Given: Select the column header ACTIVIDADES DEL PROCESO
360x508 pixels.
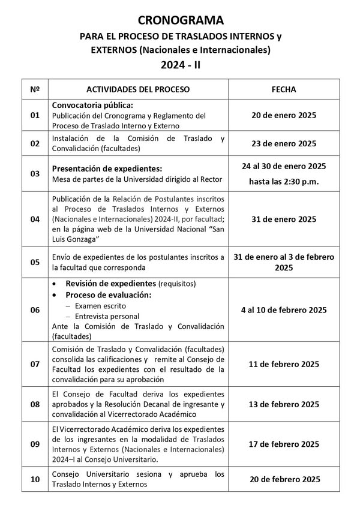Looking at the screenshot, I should click(138, 89).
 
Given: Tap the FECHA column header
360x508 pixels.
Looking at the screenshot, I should click(284, 89).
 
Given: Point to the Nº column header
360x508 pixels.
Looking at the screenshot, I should click(35, 89).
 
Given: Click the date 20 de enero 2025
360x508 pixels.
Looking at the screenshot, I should click(284, 115).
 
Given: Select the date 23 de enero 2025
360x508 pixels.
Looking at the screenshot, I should click(284, 143).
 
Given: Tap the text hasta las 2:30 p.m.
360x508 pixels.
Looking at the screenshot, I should click(284, 181).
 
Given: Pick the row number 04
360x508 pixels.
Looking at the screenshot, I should click(35, 219).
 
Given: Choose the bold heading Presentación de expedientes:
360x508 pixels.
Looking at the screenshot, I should click(107, 169).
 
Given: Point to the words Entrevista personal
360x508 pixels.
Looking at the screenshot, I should click(107, 316).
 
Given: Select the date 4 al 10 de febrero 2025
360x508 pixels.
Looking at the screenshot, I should click(284, 310).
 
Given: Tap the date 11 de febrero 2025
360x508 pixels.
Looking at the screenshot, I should click(284, 364).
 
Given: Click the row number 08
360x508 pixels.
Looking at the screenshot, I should click(35, 404).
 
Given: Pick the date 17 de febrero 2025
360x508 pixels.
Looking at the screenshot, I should click(284, 444).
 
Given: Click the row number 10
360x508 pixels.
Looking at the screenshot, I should click(35, 479).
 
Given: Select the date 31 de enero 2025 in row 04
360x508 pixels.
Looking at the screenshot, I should click(284, 219).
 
